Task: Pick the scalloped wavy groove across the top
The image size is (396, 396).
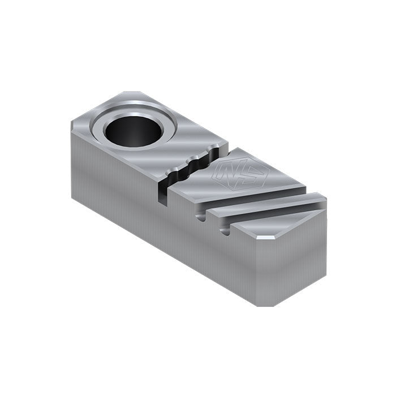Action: pos(195,166)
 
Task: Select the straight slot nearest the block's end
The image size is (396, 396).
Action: pos(277,218)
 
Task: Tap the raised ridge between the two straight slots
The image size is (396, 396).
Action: pos(266,206)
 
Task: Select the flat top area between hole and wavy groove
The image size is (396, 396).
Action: pos(187,141)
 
